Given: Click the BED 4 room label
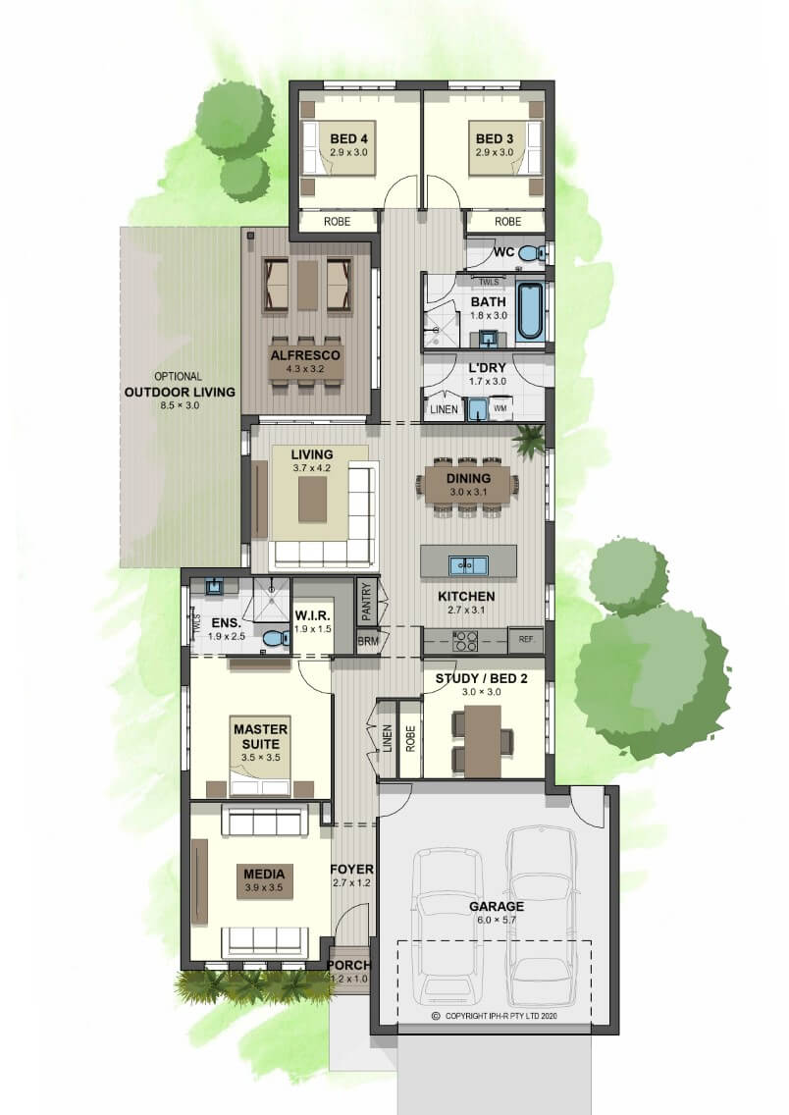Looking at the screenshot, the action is tap(348, 138).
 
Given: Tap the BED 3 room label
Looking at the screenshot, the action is tap(494, 138).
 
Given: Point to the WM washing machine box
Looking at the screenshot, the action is tap(500, 409).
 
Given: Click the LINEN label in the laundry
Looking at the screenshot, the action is tap(445, 409).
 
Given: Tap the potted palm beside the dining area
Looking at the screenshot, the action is tap(530, 440).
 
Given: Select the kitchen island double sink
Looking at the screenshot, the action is tap(468, 566).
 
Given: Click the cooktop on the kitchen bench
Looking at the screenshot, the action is tap(465, 641).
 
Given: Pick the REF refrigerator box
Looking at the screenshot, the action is tap(526, 640).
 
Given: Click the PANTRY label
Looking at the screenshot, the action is tap(367, 602).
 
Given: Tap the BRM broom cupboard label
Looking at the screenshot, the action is tap(368, 641).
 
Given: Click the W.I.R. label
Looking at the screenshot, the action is tap(312, 615).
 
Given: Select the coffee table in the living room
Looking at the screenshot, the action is tap(312, 500).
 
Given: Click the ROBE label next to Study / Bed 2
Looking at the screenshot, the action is tap(410, 739).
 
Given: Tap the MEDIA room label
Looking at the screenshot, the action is tap(264, 874).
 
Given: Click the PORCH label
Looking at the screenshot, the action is tap(349, 965).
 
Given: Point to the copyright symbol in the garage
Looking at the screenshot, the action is tap(436, 1016).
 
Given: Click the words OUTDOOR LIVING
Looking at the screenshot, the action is tap(180, 392).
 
